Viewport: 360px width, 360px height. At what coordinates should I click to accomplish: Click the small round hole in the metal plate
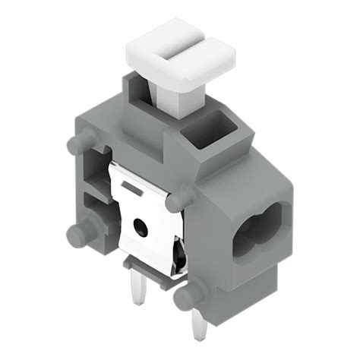pos(141,226)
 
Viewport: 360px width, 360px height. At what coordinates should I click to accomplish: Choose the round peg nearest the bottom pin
pos(188,297)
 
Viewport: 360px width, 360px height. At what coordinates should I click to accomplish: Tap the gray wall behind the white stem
pos(141,95)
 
